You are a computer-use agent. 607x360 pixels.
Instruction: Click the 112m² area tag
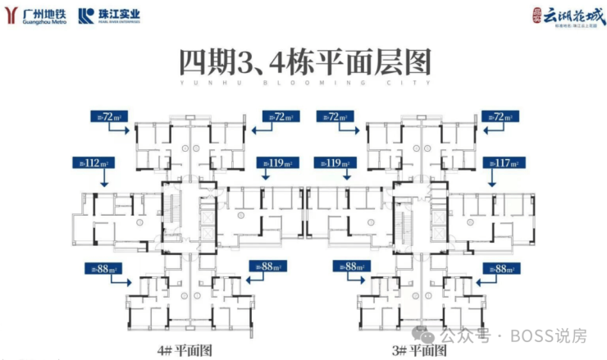pyautogui.click(x=92, y=162)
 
